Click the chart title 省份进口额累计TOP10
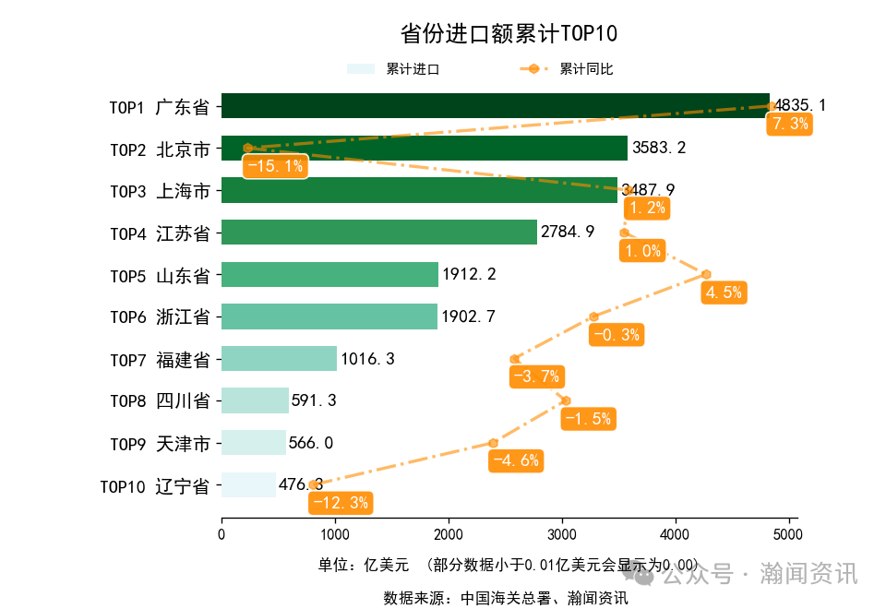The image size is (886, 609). [x=509, y=34]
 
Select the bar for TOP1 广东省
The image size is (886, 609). [x=495, y=106]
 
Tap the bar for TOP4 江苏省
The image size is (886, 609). [x=378, y=233]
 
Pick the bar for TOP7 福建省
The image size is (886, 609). [x=279, y=359]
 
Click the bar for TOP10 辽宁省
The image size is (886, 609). [x=248, y=485]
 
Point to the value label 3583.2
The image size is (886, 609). [x=659, y=148]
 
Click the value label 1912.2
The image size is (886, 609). [x=469, y=274]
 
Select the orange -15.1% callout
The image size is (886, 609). [x=275, y=166]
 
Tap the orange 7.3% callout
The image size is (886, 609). [x=790, y=124]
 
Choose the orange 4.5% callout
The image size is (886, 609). [x=724, y=293]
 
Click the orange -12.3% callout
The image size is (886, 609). [x=341, y=503]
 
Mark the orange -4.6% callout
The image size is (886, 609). [x=515, y=460]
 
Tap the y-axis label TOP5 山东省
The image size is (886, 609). [x=160, y=275]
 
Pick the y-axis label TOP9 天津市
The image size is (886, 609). [x=160, y=444]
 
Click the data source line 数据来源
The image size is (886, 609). [x=506, y=598]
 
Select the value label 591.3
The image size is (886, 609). [x=314, y=401]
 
